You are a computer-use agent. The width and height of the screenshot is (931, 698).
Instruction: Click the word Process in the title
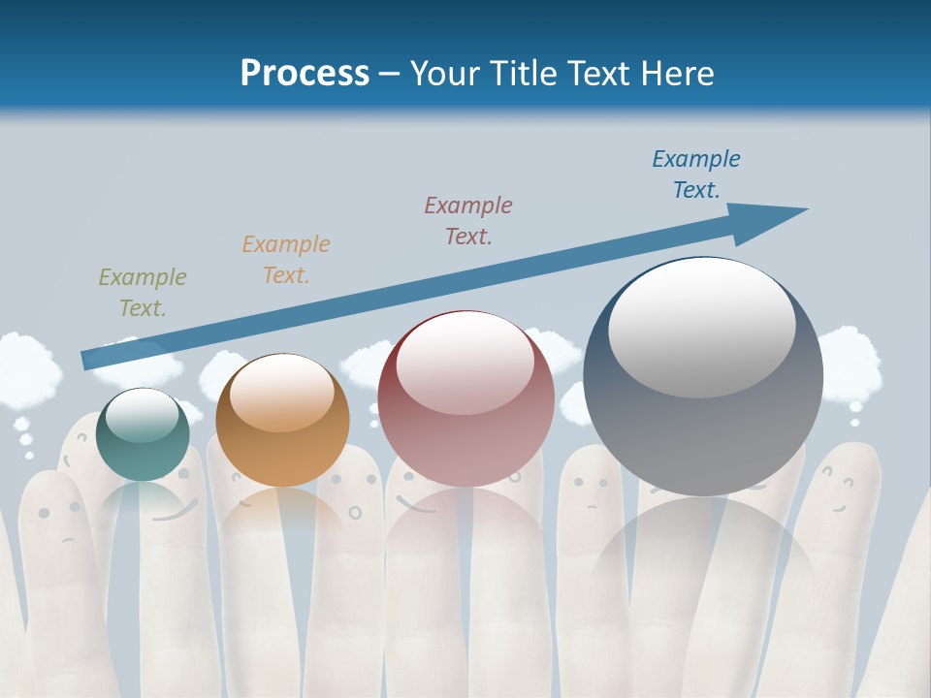(x=305, y=74)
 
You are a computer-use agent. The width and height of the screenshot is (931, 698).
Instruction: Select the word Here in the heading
(x=677, y=74)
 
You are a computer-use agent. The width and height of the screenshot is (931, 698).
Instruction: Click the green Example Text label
(x=143, y=293)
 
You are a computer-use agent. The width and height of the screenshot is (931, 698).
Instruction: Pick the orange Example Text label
(x=286, y=260)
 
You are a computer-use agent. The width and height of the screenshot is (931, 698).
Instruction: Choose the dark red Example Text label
(x=468, y=220)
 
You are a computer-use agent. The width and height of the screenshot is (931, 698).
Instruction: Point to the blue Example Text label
(x=696, y=174)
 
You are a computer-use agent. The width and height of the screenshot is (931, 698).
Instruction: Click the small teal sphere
(x=143, y=436)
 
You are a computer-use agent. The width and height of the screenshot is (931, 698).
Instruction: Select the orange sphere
(x=282, y=421)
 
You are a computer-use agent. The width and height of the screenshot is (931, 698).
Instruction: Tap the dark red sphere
(x=466, y=399)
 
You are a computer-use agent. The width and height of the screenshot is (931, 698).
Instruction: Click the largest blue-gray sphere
(x=703, y=378)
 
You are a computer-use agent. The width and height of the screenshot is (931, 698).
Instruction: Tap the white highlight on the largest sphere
(x=701, y=327)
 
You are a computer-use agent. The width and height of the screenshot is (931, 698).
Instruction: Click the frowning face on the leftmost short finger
(x=58, y=523)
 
